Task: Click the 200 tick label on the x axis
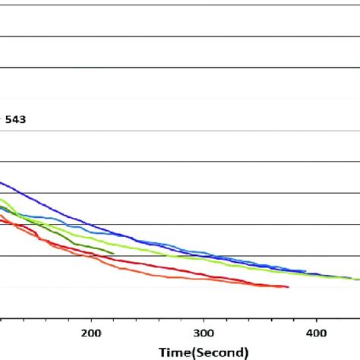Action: [91, 333]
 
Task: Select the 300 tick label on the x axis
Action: [204, 333]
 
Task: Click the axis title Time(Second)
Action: [203, 352]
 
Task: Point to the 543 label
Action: [15, 119]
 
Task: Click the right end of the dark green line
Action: [114, 253]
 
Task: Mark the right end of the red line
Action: [288, 287]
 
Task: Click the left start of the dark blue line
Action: [2, 182]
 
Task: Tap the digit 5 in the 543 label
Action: [9, 119]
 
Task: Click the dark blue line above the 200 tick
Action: [91, 226]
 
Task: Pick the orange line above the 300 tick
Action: [204, 279]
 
